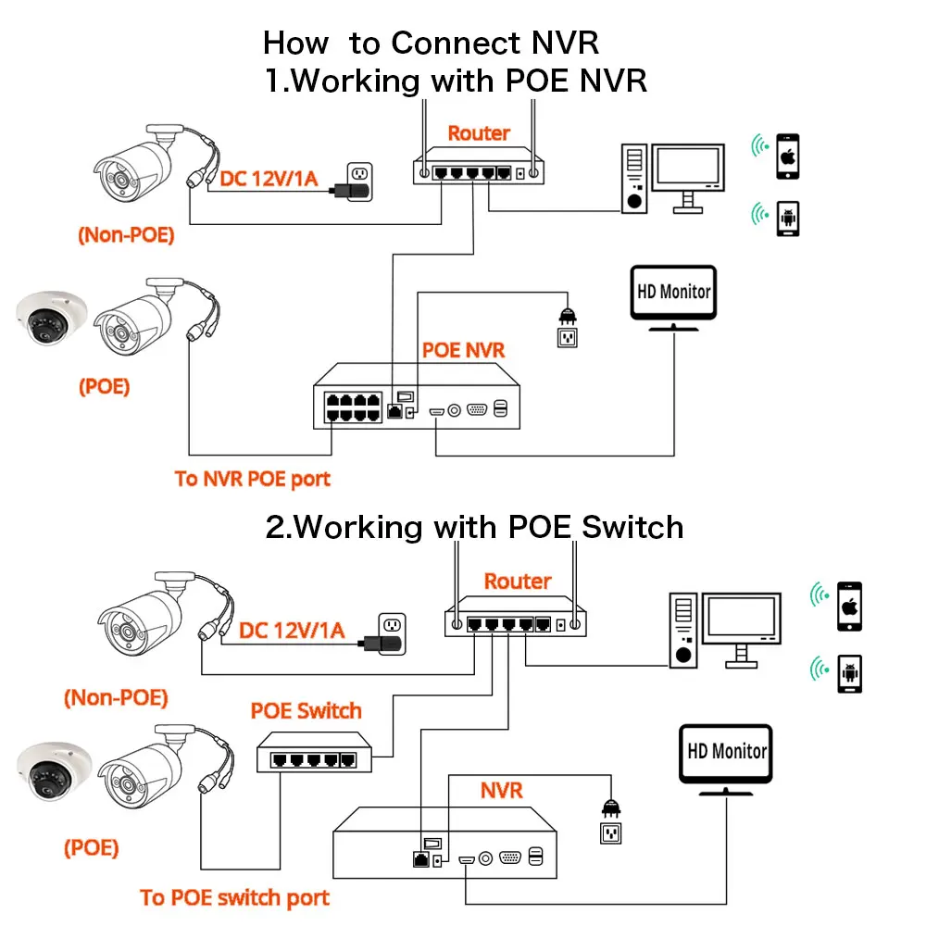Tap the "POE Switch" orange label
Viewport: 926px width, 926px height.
[306, 711]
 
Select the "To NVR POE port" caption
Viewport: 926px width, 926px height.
[252, 479]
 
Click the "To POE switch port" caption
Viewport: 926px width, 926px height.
[234, 897]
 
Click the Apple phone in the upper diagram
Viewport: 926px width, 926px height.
[788, 156]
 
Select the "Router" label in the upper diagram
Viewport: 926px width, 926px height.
[479, 133]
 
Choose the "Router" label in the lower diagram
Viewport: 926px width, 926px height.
[518, 582]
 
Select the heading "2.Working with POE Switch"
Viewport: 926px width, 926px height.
[474, 527]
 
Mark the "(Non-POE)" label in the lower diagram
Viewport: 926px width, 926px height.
[116, 696]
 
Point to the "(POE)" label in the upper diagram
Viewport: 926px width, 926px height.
[103, 386]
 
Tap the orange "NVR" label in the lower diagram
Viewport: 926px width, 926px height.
[501, 790]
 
